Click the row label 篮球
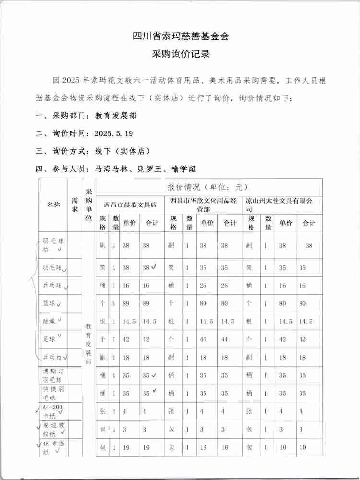(49, 304)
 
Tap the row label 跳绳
(49, 322)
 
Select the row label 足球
(49, 339)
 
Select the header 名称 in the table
(53, 204)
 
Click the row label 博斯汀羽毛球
(53, 375)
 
